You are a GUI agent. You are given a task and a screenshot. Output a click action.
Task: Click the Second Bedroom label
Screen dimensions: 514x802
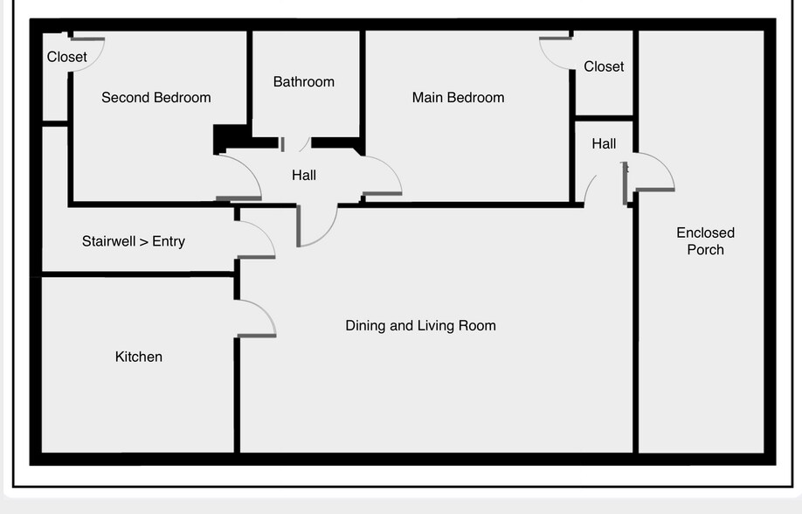(x=156, y=98)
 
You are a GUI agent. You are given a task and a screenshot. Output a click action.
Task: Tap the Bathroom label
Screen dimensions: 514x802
(x=303, y=82)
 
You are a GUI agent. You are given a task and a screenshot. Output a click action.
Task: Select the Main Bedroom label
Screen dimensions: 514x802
(x=458, y=98)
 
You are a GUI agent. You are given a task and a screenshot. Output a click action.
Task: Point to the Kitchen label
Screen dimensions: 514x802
(x=139, y=357)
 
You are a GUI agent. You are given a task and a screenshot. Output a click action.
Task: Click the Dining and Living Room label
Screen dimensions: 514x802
(x=420, y=326)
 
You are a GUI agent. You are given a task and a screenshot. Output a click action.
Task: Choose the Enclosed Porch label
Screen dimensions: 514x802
(x=705, y=241)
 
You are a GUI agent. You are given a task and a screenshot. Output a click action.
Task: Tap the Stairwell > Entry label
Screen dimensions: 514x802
(x=133, y=241)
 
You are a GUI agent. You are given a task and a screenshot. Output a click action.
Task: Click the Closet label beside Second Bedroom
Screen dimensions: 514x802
(x=66, y=57)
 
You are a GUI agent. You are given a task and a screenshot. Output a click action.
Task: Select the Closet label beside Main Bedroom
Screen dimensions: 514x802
(x=604, y=66)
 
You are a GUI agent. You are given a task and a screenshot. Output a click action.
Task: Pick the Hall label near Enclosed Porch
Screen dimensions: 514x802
(x=604, y=144)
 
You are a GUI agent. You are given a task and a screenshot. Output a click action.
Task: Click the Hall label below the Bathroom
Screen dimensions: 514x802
(x=304, y=176)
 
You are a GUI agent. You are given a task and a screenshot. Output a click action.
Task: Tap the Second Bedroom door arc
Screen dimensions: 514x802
(x=249, y=170)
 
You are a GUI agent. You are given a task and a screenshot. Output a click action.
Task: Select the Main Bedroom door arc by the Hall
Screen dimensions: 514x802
(x=389, y=168)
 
